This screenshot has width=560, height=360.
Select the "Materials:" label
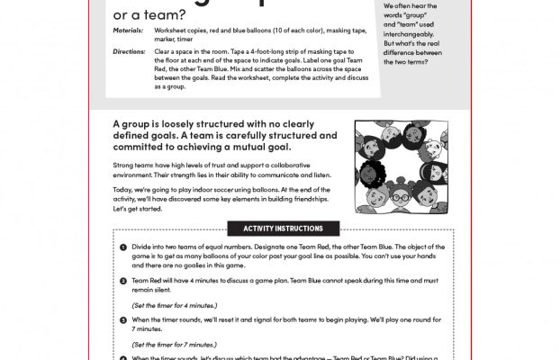pos(128,31)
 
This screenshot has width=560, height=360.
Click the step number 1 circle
pos(122,247)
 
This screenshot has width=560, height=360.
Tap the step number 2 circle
pos(122,281)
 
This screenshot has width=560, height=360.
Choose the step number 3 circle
pos(122,319)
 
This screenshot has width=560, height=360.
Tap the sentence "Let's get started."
pos(139,209)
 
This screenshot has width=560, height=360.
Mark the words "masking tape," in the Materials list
pos(354,31)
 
